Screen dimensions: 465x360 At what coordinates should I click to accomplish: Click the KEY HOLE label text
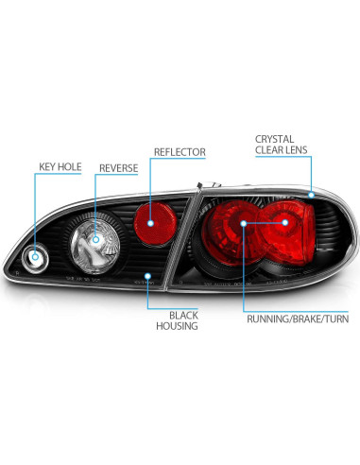click(x=60, y=168)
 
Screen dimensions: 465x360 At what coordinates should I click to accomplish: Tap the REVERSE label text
click(x=117, y=168)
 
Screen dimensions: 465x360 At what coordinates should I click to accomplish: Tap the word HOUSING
click(x=178, y=326)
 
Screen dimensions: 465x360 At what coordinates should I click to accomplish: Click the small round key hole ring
click(x=36, y=255)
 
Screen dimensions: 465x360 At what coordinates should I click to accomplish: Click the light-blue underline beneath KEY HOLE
click(x=60, y=180)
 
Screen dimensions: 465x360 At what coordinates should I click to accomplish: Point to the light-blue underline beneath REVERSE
click(x=117, y=180)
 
